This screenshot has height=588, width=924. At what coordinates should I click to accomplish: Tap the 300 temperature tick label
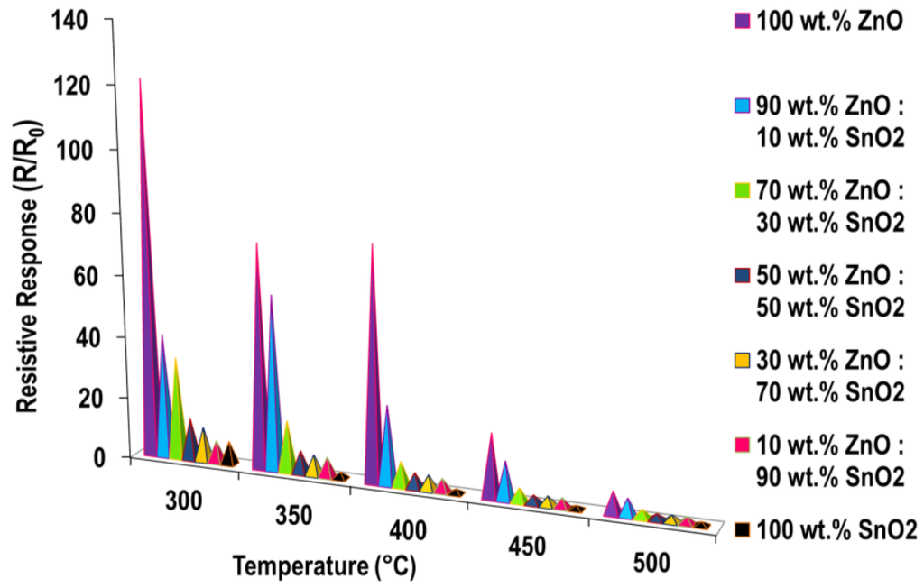pos(184,501)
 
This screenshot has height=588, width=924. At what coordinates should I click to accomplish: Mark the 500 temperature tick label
pos(651,565)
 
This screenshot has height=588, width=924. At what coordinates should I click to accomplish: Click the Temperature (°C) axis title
pos(325,567)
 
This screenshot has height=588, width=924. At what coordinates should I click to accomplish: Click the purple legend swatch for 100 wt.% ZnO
pos(743,19)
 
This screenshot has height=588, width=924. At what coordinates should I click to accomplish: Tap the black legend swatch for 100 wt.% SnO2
pos(743,528)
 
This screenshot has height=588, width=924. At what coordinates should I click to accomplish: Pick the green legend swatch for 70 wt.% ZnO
pos(743,190)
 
